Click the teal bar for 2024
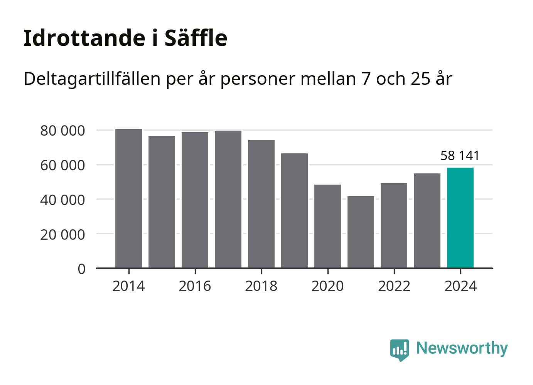coord(460,218)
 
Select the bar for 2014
coord(128,198)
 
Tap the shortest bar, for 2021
coord(361,232)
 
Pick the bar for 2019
coord(294,210)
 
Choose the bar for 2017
coord(228,199)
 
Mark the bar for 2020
coord(327,226)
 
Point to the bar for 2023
coord(427,220)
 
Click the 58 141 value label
coord(460,156)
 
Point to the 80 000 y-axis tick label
coord(62,131)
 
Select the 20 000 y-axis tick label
coord(62,234)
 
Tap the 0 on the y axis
coord(81,269)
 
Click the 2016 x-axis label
coord(195,286)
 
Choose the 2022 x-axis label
coord(394,286)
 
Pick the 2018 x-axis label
coord(261,286)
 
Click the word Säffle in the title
coord(196,38)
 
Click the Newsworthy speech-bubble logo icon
coord(399,350)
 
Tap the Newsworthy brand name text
coord(462,348)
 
